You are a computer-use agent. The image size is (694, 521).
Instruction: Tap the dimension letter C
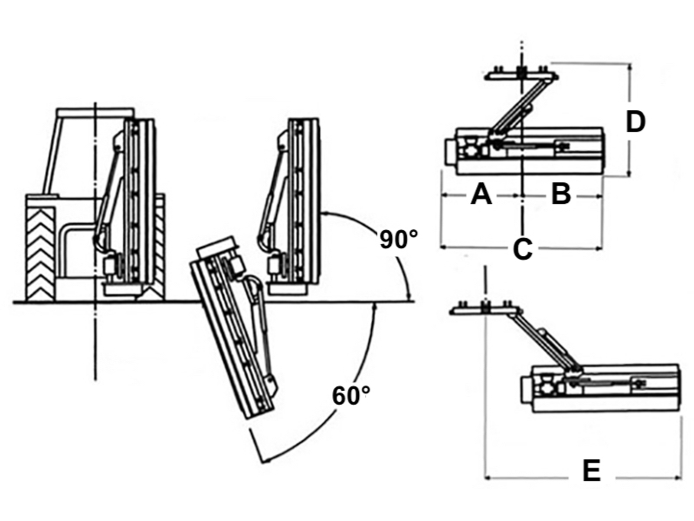522,249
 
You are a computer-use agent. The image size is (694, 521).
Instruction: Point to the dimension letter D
636,122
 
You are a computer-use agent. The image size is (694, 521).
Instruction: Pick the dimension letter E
591,470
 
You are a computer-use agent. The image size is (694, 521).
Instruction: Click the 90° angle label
399,239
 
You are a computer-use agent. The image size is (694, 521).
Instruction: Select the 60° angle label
351,396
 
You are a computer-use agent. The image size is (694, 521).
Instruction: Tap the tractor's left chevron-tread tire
40,254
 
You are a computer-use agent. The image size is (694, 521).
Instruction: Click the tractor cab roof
95,112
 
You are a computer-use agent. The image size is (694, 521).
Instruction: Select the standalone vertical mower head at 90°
299,204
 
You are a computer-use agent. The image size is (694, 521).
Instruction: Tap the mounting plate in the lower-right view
485,310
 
